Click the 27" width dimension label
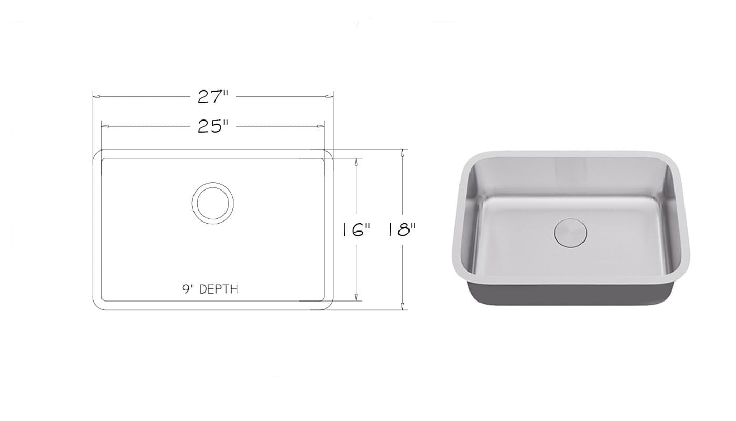[212, 97]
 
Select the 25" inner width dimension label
[212, 126]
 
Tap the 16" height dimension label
[356, 229]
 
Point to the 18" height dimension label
[402, 229]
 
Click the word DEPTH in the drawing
[219, 289]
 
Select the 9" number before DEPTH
[188, 289]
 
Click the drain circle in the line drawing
[213, 183]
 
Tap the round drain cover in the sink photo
[570, 233]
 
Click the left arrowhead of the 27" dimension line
[96, 97]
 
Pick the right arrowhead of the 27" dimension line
[329, 97]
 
